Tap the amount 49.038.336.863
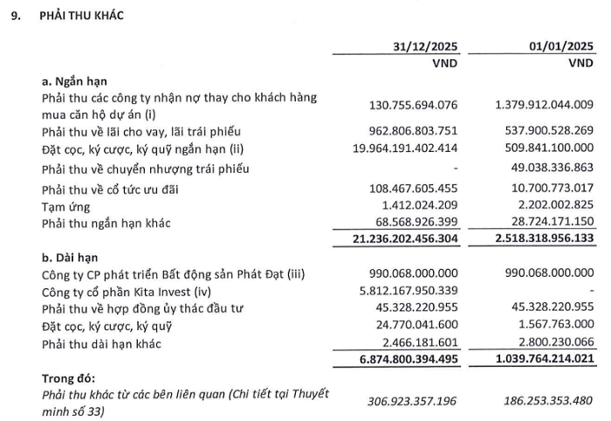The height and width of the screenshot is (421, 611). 549,168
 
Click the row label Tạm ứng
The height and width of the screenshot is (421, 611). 65,205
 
